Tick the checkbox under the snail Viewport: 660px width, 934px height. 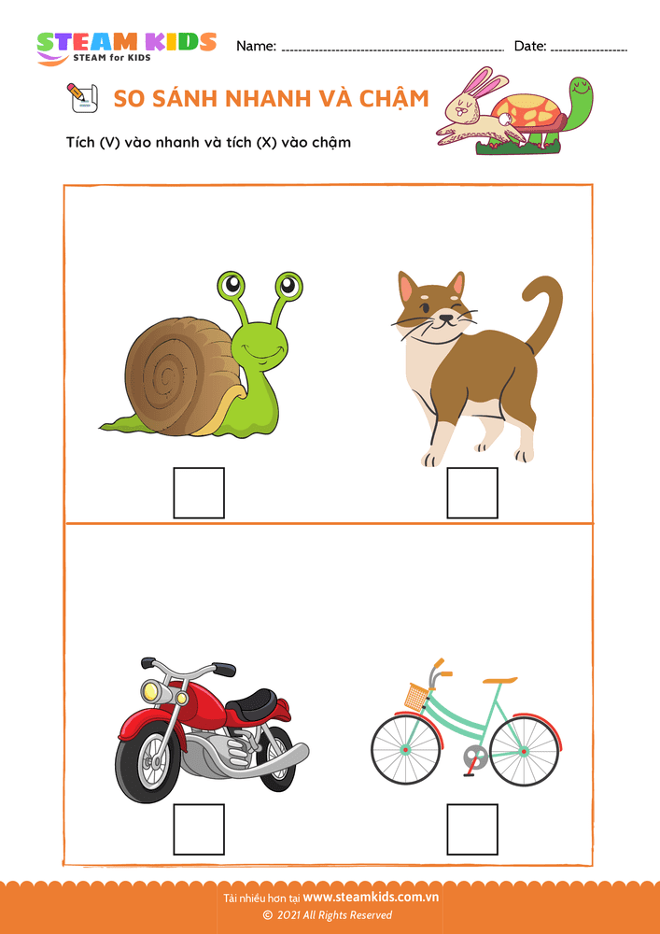(x=199, y=492)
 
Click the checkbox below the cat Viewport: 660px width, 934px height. (x=472, y=492)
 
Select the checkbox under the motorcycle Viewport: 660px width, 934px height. (x=199, y=829)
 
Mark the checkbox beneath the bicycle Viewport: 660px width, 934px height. (x=472, y=829)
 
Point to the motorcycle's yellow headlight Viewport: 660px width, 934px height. (x=153, y=691)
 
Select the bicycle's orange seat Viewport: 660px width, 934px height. (x=500, y=680)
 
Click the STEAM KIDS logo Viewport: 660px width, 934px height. (x=126, y=47)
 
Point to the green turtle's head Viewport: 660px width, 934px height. (x=581, y=92)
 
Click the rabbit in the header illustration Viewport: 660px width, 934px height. (x=476, y=110)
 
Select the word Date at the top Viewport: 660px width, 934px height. (x=529, y=46)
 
